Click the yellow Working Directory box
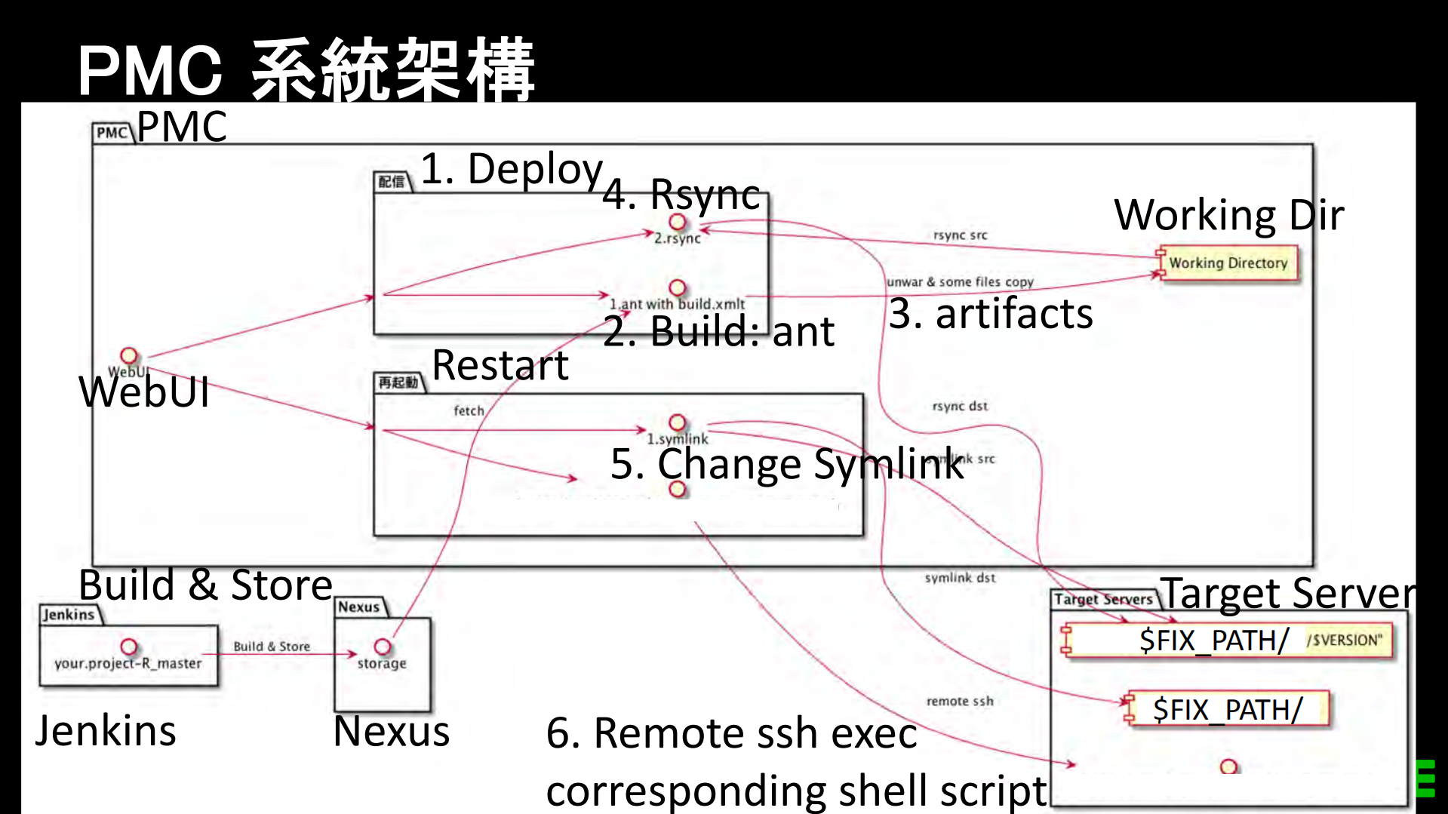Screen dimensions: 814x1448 [1228, 263]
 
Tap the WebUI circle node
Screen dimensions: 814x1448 [129, 355]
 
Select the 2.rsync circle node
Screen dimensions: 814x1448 [678, 222]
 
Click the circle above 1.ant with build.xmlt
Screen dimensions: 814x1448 [678, 287]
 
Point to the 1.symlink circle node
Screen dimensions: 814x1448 [678, 422]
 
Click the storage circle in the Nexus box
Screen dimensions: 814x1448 [383, 647]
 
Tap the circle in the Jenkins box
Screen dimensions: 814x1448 [129, 647]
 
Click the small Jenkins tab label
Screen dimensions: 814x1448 [69, 614]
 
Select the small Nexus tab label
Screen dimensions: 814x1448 [359, 607]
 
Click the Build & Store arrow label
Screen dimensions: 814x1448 [272, 647]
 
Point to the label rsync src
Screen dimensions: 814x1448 [960, 235]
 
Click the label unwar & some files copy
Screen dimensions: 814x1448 [960, 282]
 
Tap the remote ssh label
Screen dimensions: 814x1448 [960, 701]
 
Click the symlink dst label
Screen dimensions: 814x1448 [960, 578]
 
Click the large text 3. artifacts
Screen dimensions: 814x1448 [990, 314]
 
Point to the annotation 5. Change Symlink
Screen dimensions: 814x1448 [786, 463]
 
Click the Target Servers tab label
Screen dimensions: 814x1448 [1103, 599]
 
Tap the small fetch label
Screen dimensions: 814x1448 [469, 410]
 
